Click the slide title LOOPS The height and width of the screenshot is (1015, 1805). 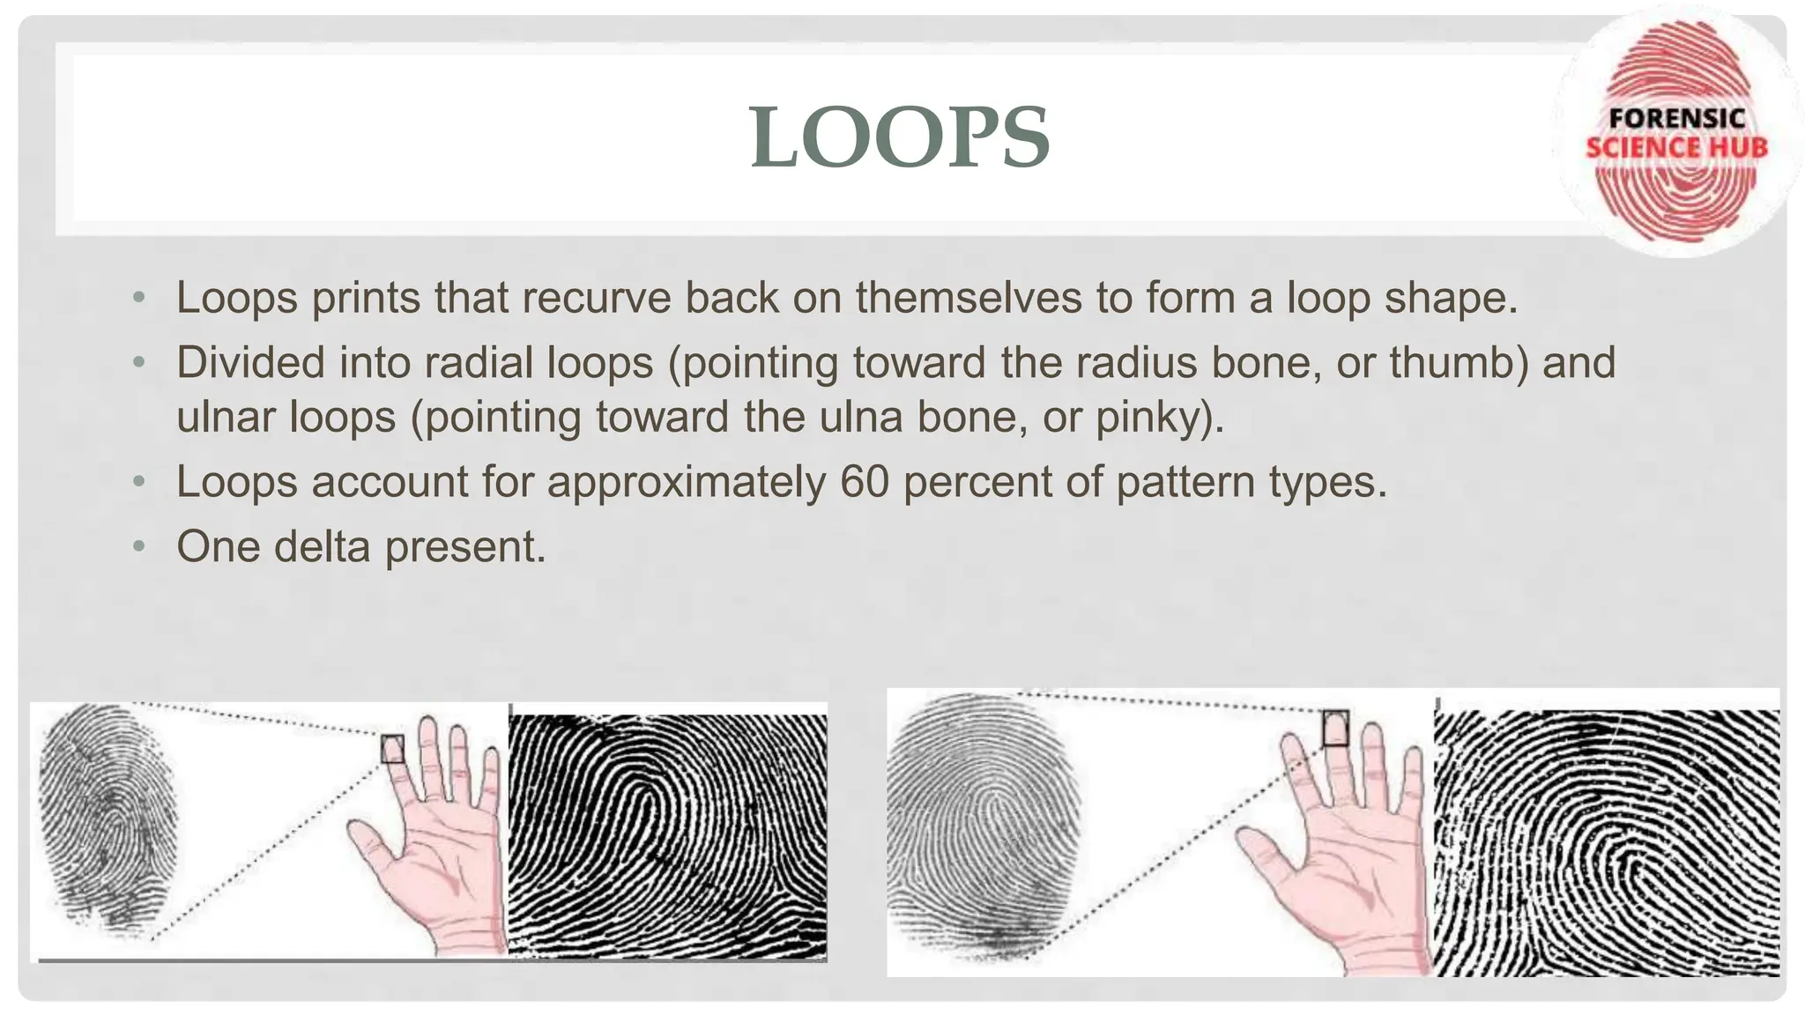[x=899, y=137]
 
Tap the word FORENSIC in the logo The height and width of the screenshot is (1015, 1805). [x=1677, y=119]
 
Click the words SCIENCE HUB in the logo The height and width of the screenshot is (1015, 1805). [x=1676, y=147]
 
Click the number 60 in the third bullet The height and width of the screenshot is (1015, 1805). [x=864, y=482]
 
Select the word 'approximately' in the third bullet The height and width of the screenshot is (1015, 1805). [x=687, y=483]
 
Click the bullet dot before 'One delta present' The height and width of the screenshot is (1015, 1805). [x=138, y=546]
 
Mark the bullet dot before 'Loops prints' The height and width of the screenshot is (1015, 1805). [x=138, y=298]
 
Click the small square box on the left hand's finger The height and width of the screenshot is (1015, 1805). [x=392, y=749]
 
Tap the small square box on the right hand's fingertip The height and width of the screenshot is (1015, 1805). [x=1336, y=728]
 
